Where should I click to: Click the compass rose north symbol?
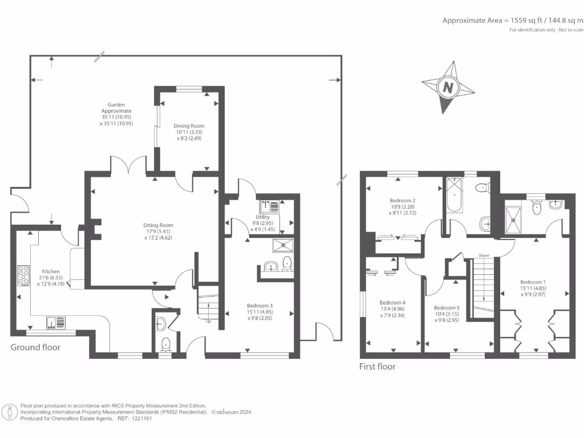448,87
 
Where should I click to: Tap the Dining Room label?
189,126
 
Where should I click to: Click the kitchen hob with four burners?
24,275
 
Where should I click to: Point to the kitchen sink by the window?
56,323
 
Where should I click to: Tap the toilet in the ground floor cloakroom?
165,344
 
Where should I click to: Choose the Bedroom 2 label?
401,201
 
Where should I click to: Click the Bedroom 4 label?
392,302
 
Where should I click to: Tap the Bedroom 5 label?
446,307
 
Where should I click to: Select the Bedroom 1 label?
533,282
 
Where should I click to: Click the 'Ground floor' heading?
35,347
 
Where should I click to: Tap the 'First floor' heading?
377,367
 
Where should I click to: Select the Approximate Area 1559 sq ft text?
513,20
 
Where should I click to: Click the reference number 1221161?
140,418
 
